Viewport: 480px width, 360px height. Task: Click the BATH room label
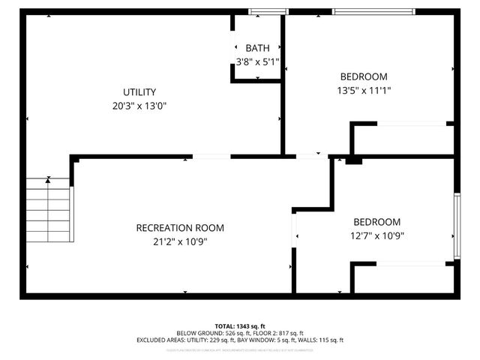click(x=257, y=48)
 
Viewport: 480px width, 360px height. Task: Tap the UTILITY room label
click(x=139, y=91)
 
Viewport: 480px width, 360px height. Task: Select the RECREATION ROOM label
click(x=180, y=228)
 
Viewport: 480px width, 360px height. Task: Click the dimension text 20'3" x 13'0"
click(x=139, y=106)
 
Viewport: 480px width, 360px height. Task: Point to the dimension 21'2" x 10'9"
click(x=180, y=242)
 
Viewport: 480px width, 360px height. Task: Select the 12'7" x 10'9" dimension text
click(x=377, y=236)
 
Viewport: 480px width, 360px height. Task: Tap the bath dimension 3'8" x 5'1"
click(x=257, y=61)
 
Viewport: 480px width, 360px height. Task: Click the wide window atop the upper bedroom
click(x=373, y=11)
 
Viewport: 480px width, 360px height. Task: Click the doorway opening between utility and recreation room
click(x=211, y=157)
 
